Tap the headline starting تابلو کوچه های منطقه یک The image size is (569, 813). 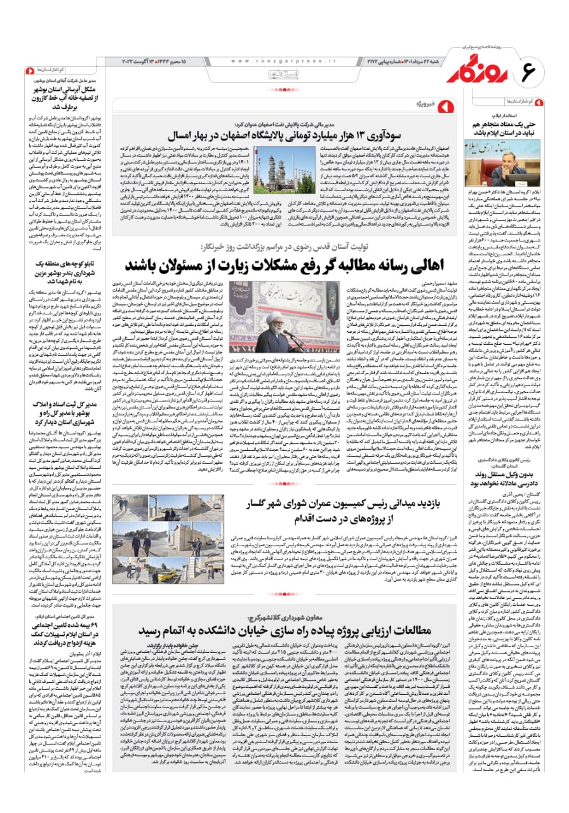point(67,265)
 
